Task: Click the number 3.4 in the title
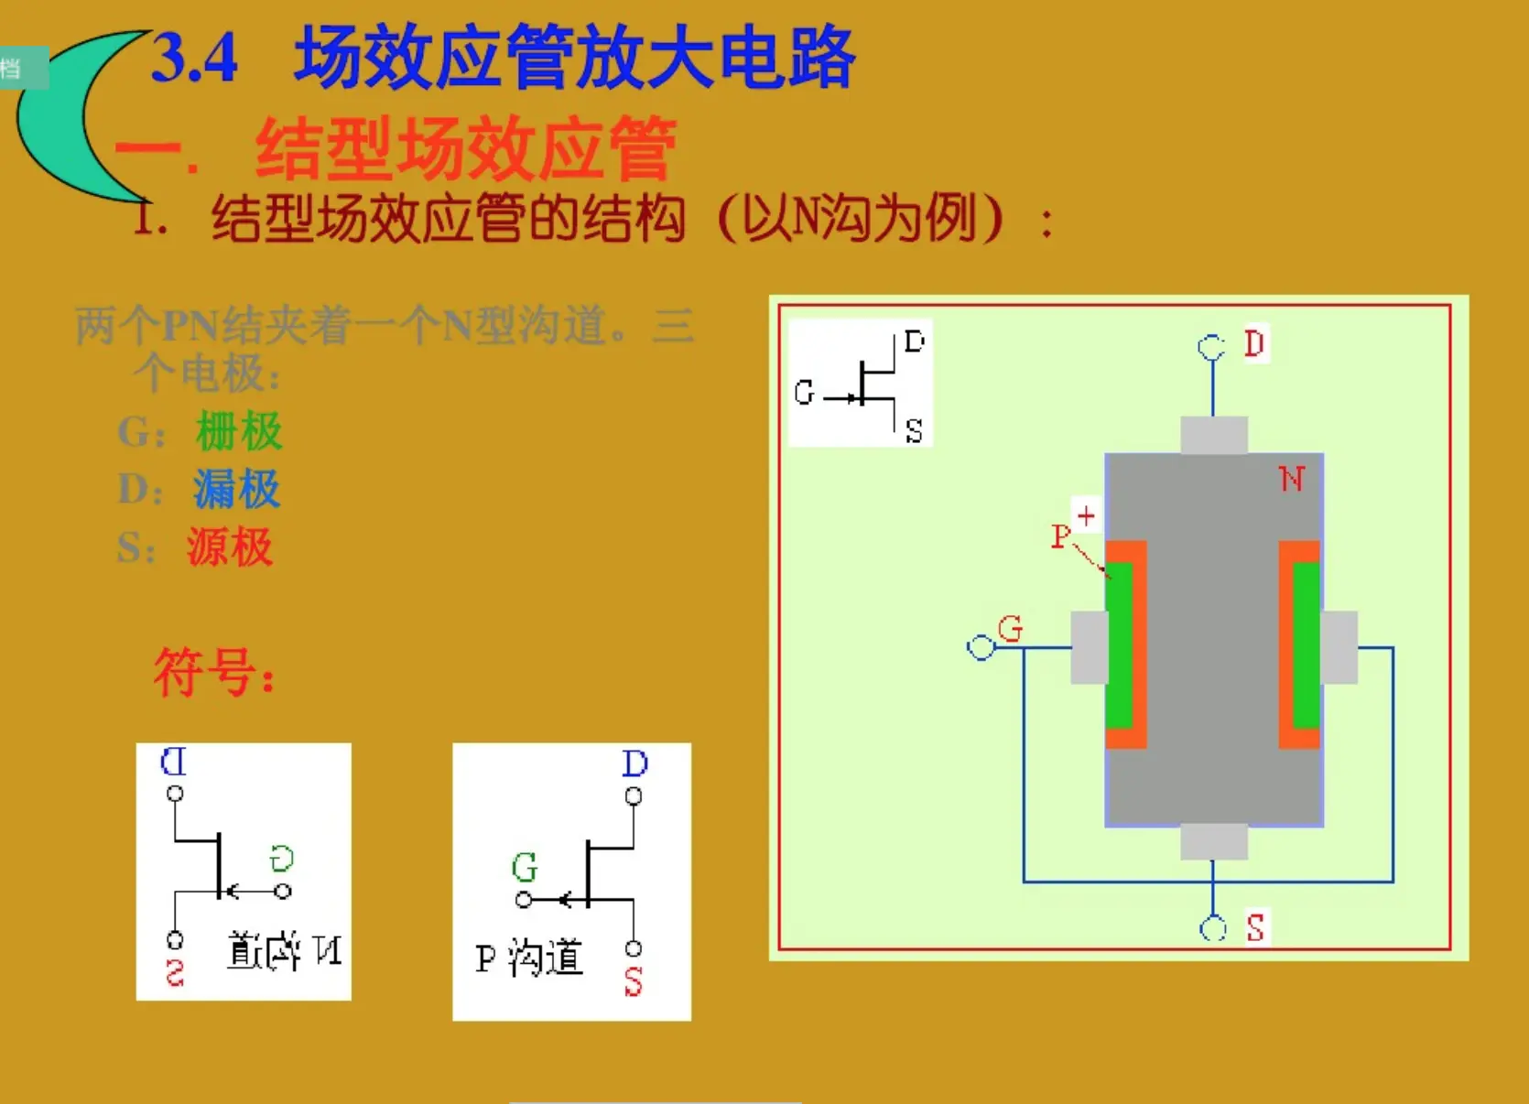pos(194,58)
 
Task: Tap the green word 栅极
pos(239,431)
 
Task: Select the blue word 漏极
pos(236,489)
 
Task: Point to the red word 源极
pos(230,547)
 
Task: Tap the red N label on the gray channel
pos(1291,479)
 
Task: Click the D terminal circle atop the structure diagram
pos(1211,347)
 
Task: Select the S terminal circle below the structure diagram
pos(1213,928)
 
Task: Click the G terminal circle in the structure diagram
pos(981,648)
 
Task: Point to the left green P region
pos(1119,645)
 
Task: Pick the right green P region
pos(1307,645)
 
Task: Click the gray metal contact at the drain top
pos(1213,435)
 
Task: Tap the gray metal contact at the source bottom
pos(1213,841)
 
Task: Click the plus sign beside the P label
pos(1086,516)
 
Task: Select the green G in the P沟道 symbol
pos(525,866)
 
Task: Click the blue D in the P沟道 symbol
pos(634,763)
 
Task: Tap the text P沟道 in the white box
pos(529,958)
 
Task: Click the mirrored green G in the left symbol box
pos(281,859)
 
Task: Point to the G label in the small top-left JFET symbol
pos(804,393)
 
